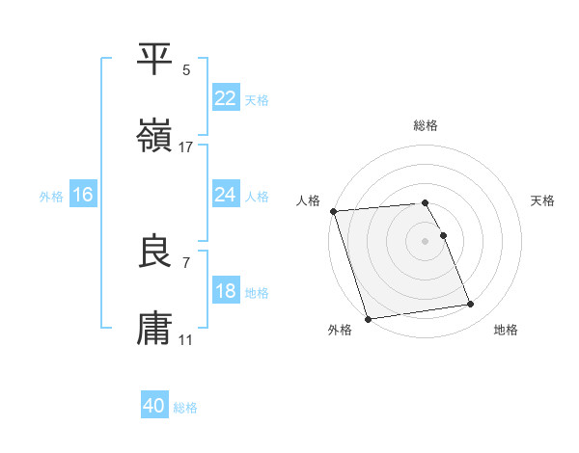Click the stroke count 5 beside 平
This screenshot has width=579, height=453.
point(186,69)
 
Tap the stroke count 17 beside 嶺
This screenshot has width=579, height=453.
point(186,147)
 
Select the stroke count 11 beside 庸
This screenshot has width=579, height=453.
point(186,341)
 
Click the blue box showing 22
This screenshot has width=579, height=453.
point(225,98)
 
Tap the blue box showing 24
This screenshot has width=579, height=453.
point(225,195)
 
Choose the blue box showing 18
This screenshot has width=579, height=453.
point(225,291)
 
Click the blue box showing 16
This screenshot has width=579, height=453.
point(83,195)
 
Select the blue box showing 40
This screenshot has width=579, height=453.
point(154,407)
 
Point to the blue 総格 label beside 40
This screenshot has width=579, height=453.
point(185,408)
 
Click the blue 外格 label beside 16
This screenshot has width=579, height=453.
point(51,196)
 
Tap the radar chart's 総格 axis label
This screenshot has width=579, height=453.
point(426,125)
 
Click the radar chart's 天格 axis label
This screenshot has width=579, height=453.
point(543,200)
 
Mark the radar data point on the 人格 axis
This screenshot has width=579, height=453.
point(333,211)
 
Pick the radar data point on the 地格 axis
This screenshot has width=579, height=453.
point(470,305)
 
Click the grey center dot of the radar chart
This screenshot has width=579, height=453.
point(426,241)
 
